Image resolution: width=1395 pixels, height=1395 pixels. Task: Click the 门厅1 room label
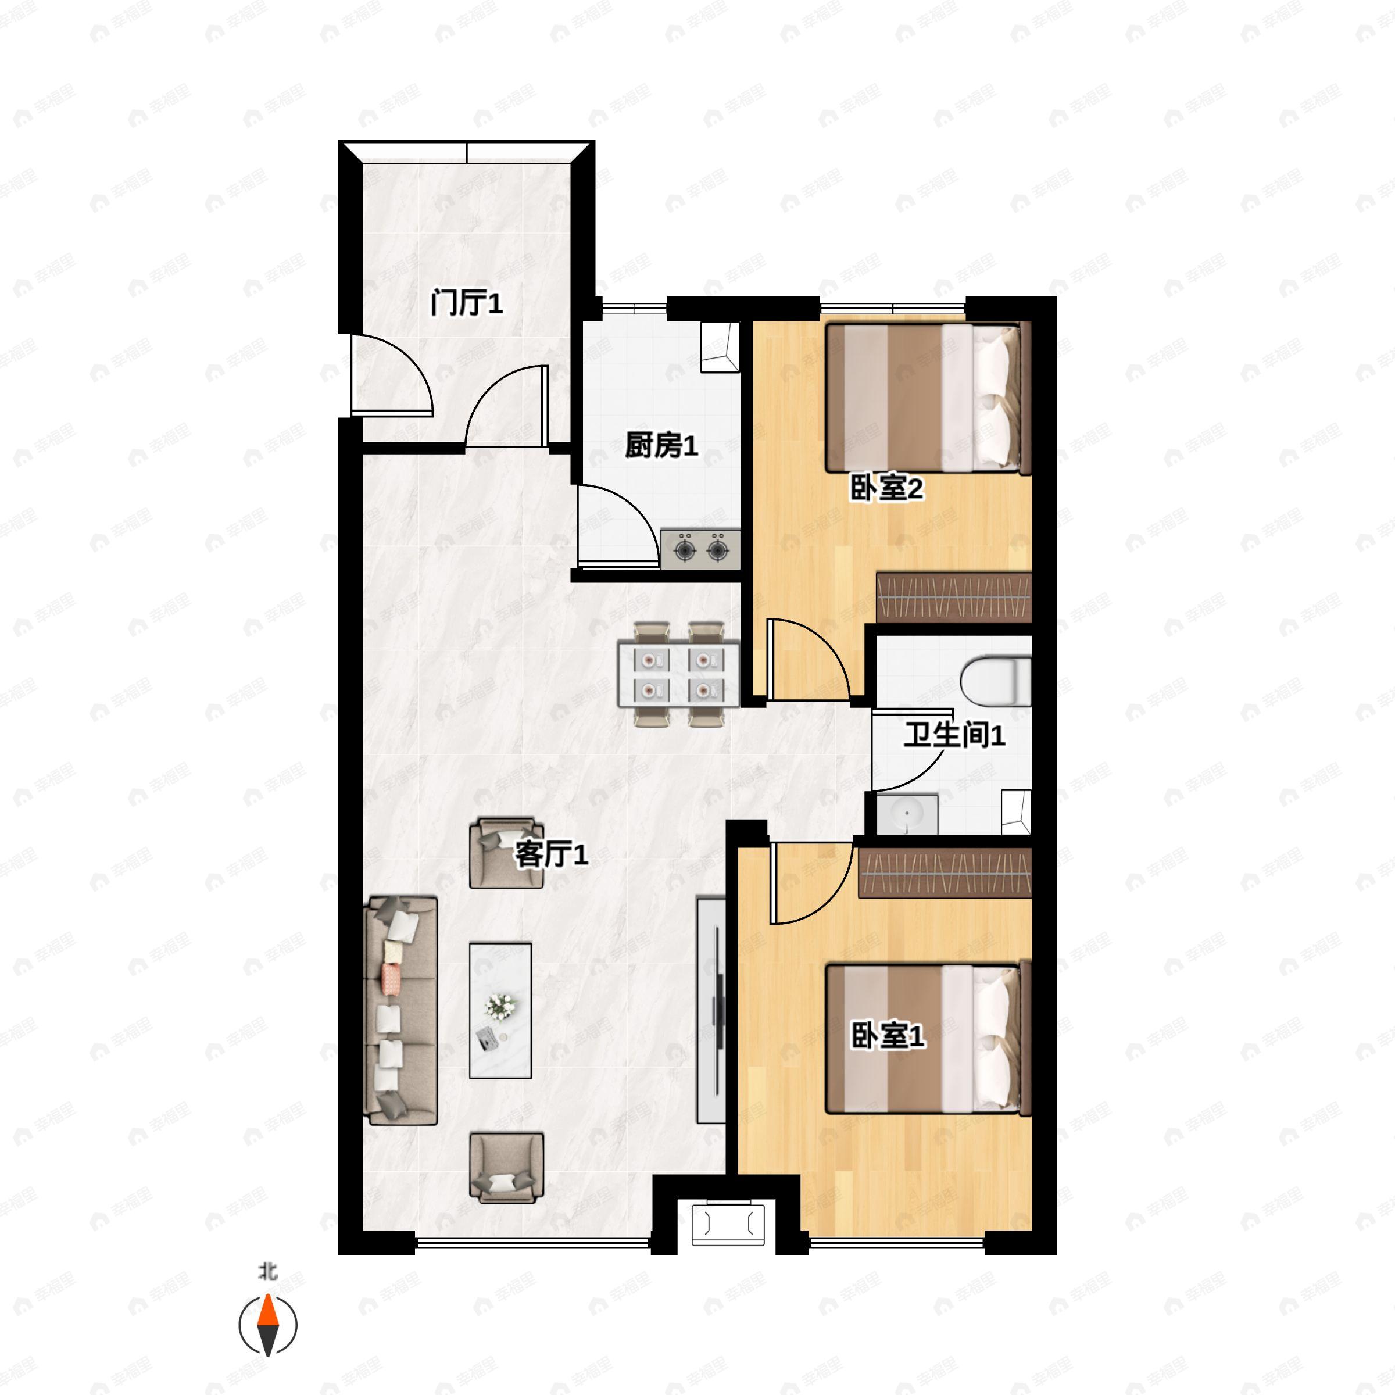click(x=466, y=302)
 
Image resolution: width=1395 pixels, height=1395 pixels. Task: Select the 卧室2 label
click(x=886, y=489)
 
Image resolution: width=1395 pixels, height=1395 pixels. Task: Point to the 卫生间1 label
click(x=954, y=735)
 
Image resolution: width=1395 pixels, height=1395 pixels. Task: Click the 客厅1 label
click(x=551, y=855)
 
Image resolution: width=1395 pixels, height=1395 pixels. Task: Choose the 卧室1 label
click(x=888, y=1036)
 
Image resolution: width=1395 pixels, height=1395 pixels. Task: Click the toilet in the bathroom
click(x=996, y=681)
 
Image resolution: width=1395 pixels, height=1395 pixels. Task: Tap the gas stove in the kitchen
click(x=700, y=550)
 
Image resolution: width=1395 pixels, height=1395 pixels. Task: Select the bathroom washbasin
click(x=907, y=814)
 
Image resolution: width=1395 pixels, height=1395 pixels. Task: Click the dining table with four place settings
click(x=679, y=674)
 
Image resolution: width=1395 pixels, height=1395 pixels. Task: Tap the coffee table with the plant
click(x=500, y=1010)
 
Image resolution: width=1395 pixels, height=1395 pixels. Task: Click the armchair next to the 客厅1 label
click(x=506, y=853)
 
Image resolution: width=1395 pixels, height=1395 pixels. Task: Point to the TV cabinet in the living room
click(x=710, y=1010)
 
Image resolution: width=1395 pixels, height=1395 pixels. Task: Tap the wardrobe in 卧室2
click(x=953, y=597)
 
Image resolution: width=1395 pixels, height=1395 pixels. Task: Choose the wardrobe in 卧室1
click(x=945, y=873)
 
